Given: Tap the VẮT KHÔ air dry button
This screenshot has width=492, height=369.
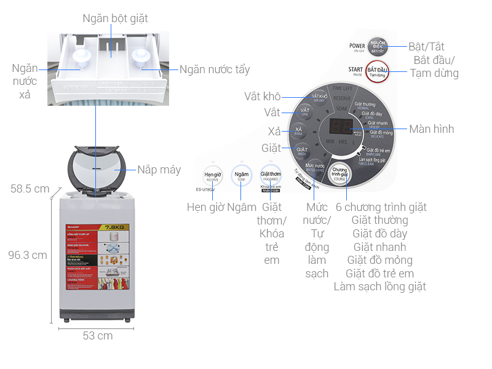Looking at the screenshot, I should [319, 98].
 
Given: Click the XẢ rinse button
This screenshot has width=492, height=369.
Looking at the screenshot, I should [298, 131].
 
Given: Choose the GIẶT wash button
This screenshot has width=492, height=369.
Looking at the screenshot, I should [303, 150].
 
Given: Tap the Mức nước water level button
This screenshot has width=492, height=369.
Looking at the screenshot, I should [315, 167].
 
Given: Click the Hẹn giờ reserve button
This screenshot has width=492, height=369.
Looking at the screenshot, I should [213, 175].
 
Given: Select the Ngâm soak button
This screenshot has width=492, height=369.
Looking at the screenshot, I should [242, 176].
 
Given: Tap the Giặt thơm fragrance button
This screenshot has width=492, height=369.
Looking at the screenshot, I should [271, 174].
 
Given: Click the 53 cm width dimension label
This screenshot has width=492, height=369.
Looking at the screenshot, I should [98, 336].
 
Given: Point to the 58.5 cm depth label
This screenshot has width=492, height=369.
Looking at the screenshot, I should [30, 189].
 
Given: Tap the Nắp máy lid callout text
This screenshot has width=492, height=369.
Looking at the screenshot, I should [159, 169].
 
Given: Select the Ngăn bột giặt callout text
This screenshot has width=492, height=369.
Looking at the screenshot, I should [116, 18].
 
